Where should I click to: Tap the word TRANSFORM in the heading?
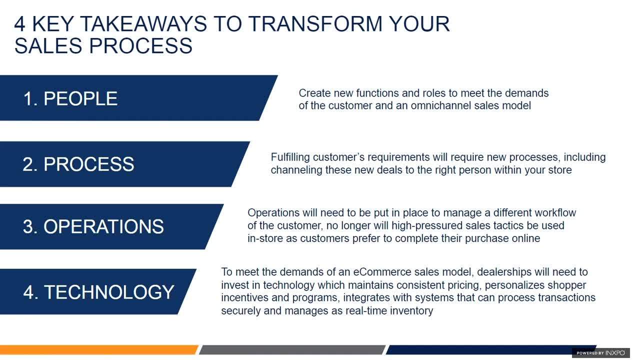[x=315, y=24]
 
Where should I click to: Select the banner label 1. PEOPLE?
[x=70, y=98]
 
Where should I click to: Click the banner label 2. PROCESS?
[x=78, y=164]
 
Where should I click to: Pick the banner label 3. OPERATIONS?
[x=93, y=226]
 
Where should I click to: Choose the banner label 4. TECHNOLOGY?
[x=98, y=292]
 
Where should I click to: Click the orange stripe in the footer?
[x=99, y=349]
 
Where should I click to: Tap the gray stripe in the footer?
[x=292, y=349]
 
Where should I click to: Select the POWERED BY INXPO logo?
[x=601, y=353]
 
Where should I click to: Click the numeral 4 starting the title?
[x=19, y=24]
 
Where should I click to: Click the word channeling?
[x=296, y=170]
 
